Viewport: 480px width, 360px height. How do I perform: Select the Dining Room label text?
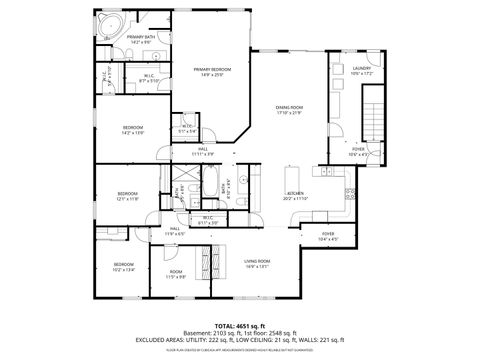[x=289, y=110]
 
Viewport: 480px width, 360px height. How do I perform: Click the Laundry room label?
[x=361, y=71]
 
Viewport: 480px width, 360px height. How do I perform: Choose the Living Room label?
[x=257, y=264]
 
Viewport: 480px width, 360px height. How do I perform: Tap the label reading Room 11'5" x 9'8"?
[x=176, y=274]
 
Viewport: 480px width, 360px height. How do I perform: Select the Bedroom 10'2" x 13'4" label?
[x=122, y=266]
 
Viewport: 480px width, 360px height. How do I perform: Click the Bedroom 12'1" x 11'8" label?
[x=126, y=196]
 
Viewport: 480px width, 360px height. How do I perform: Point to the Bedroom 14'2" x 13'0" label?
[x=133, y=129]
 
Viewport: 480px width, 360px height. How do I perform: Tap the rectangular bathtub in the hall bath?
[x=216, y=188]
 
